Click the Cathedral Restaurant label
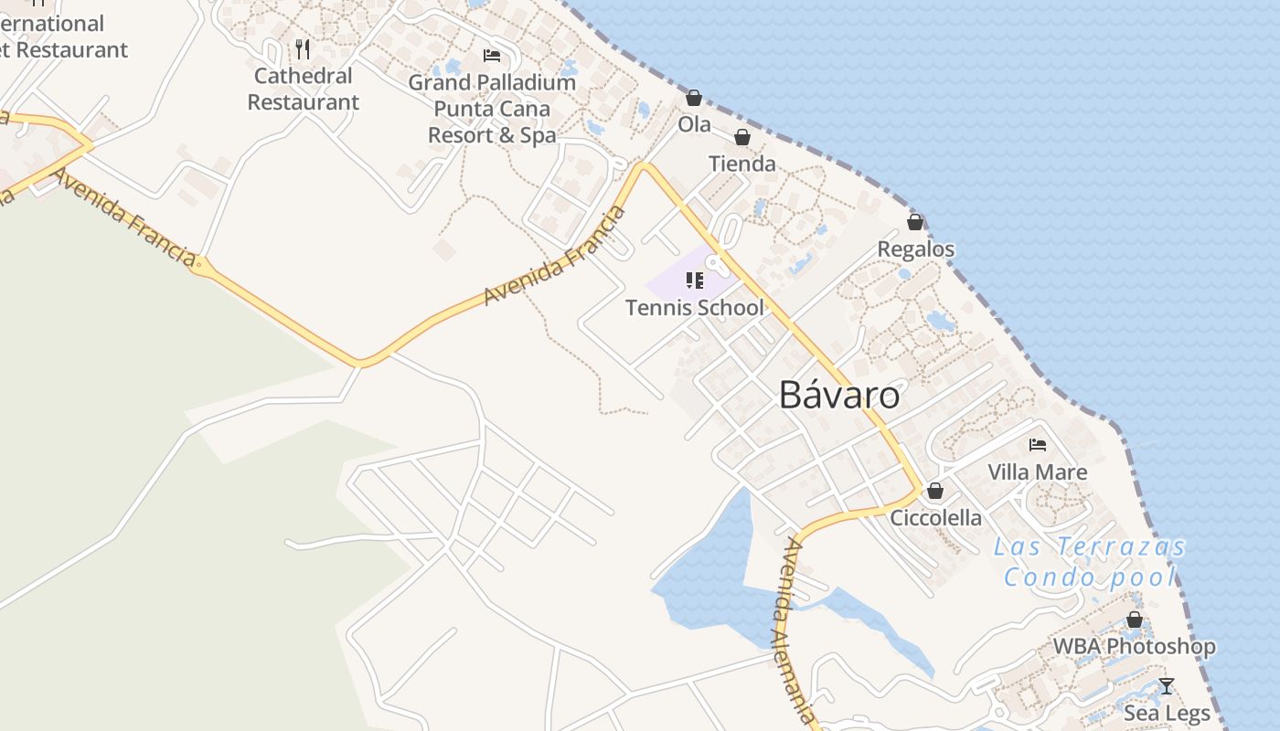(x=304, y=90)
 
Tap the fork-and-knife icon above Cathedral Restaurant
(x=303, y=48)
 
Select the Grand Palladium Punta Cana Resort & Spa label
(x=492, y=109)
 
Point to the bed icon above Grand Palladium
(x=492, y=56)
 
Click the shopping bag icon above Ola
(x=694, y=98)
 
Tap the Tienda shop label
(x=742, y=164)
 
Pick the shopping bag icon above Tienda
(x=742, y=138)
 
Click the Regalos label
(x=915, y=249)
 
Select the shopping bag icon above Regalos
(x=915, y=222)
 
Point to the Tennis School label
(x=694, y=308)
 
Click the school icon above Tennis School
(x=694, y=281)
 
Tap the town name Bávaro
(x=839, y=396)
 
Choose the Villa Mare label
(x=1038, y=472)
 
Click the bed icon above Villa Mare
(x=1038, y=445)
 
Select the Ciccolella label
(x=935, y=518)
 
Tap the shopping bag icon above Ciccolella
(x=934, y=491)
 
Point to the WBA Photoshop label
(x=1135, y=647)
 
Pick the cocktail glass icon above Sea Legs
(x=1167, y=686)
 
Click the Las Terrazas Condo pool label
(x=1090, y=562)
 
